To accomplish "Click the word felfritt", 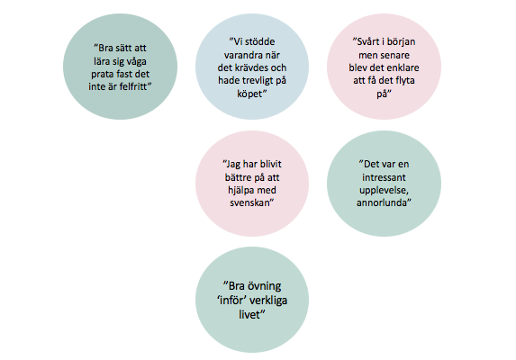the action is point(132,86).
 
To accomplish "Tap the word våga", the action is point(136,62).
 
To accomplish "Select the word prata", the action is point(102,75).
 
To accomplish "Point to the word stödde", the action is point(259,41).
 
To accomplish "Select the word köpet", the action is point(249,94).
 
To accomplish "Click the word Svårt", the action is point(368,41).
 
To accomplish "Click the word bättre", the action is point(238,177).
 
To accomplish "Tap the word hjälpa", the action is point(240,191).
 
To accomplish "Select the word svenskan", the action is point(249,202).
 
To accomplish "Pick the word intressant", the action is point(384,177).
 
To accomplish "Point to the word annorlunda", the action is point(382,202).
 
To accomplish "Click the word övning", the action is point(264,286).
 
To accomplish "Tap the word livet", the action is point(249,315).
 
